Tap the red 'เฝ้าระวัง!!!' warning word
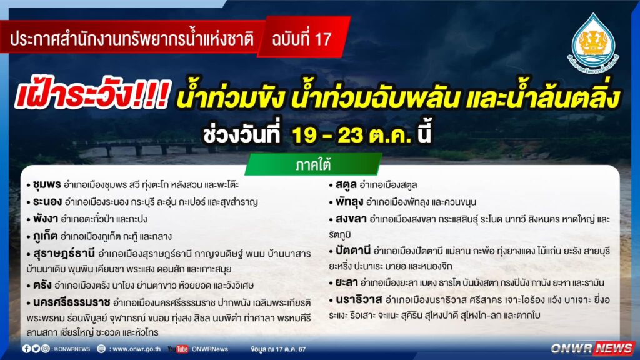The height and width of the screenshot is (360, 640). [91, 95]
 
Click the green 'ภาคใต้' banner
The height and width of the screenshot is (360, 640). [314, 164]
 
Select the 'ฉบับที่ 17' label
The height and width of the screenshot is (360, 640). [302, 39]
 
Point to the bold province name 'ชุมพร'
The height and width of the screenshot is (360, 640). [47, 185]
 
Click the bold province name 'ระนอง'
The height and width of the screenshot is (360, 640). [47, 202]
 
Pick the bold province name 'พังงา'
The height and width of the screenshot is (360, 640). [45, 219]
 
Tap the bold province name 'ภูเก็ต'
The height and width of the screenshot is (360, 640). [45, 236]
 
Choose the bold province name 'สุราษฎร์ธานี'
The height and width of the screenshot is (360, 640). [64, 254]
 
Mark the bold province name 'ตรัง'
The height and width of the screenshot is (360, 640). [42, 285]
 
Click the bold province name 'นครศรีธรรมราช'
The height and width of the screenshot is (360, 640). [72, 302]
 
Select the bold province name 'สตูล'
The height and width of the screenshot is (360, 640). [346, 185]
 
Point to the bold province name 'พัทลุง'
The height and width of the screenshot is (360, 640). [349, 202]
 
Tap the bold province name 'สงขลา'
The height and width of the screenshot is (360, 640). [351, 219]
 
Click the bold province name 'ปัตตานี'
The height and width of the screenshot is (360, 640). [353, 251]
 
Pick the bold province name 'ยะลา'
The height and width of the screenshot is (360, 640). [346, 282]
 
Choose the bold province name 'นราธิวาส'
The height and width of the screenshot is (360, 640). [359, 300]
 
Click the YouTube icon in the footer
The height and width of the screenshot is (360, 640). [178, 349]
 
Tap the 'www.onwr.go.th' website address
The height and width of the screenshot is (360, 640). [136, 349]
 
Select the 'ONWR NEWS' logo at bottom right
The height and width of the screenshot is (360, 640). [592, 348]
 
